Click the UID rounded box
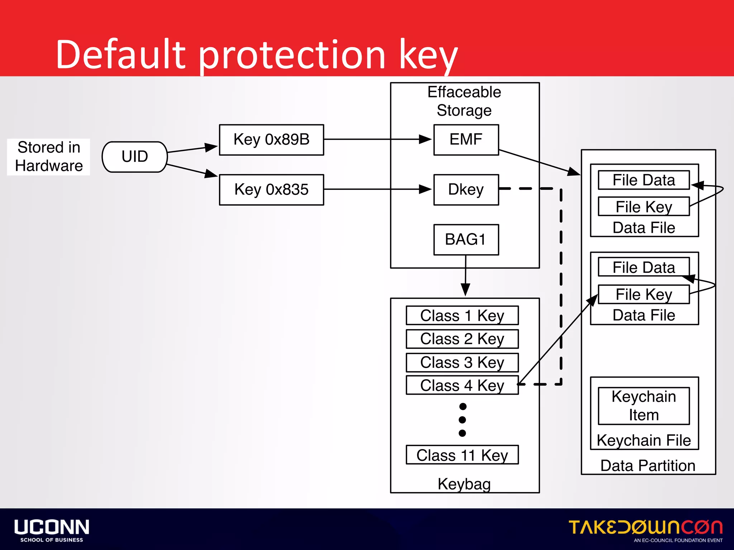coord(135,157)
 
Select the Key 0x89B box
coord(271,140)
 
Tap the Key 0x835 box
coord(271,189)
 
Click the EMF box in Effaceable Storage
coord(466,140)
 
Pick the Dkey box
coord(466,189)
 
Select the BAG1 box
coord(466,240)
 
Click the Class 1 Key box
coord(462,315)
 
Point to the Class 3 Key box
coord(462,362)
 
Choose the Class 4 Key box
coord(462,385)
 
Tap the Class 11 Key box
coord(462,455)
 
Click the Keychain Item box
coord(644,406)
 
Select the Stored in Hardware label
coord(49,157)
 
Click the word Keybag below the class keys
coord(464,484)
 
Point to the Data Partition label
coord(648,465)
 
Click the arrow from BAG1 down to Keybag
coord(465,276)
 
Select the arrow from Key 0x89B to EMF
coord(376,139)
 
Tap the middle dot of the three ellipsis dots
coord(462,420)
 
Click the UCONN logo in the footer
coord(52,530)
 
